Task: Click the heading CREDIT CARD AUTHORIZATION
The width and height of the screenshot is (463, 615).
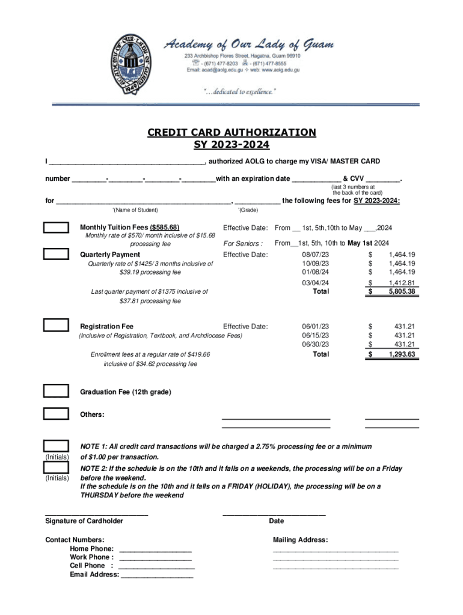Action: click(x=231, y=132)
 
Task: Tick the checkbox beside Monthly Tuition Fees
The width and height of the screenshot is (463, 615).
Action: click(x=55, y=228)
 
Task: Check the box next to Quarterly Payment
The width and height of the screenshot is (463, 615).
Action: click(x=55, y=254)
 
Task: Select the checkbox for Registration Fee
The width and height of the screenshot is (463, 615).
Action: click(x=55, y=326)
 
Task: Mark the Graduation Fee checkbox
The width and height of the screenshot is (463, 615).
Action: click(x=55, y=392)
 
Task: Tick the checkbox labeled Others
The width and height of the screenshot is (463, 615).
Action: click(x=55, y=414)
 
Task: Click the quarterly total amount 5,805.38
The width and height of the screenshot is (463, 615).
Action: click(x=402, y=291)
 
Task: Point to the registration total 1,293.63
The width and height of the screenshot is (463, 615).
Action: click(x=402, y=354)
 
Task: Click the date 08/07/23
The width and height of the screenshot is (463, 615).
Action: click(x=315, y=255)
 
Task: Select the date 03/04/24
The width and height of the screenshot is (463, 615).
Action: click(x=315, y=282)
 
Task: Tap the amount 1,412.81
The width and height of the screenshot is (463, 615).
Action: click(x=402, y=282)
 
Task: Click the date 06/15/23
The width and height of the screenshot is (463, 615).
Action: click(x=315, y=335)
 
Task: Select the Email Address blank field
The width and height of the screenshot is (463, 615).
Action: click(x=157, y=575)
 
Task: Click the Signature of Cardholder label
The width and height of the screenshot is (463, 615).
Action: click(x=84, y=521)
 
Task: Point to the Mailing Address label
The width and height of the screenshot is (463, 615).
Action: click(x=300, y=540)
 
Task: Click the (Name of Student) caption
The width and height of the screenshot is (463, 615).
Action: click(x=135, y=210)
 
